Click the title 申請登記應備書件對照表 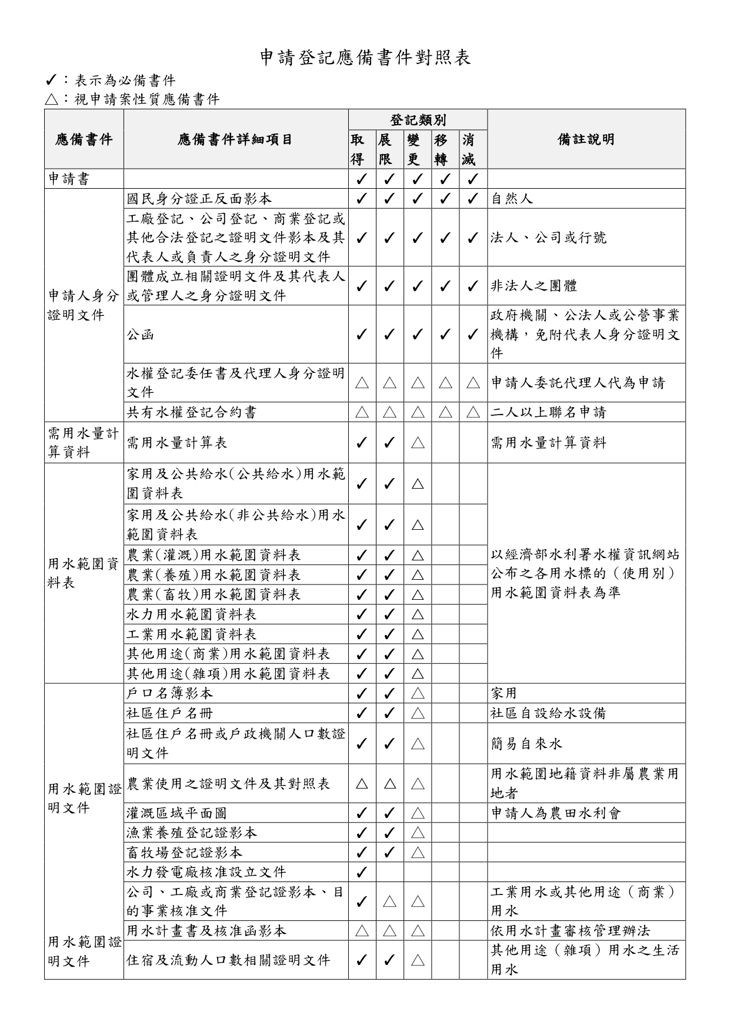(x=365, y=58)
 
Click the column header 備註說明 (x=586, y=139)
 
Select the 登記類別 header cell (x=418, y=120)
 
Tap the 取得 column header (x=362, y=149)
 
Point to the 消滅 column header (x=473, y=149)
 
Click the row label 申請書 (x=69, y=179)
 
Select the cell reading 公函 (x=141, y=335)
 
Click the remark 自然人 (x=512, y=199)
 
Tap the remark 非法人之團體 (x=534, y=286)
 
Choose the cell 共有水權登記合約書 (x=191, y=412)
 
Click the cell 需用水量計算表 (x=177, y=443)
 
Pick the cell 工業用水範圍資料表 (x=192, y=634)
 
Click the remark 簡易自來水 (x=526, y=744)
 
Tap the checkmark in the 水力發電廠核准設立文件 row (x=362, y=873)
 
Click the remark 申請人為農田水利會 (x=556, y=813)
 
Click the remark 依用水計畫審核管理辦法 (x=571, y=931)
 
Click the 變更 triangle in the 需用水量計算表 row (x=418, y=443)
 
